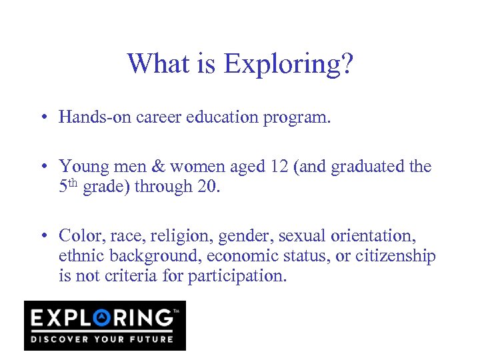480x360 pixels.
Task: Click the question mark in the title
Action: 347,64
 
